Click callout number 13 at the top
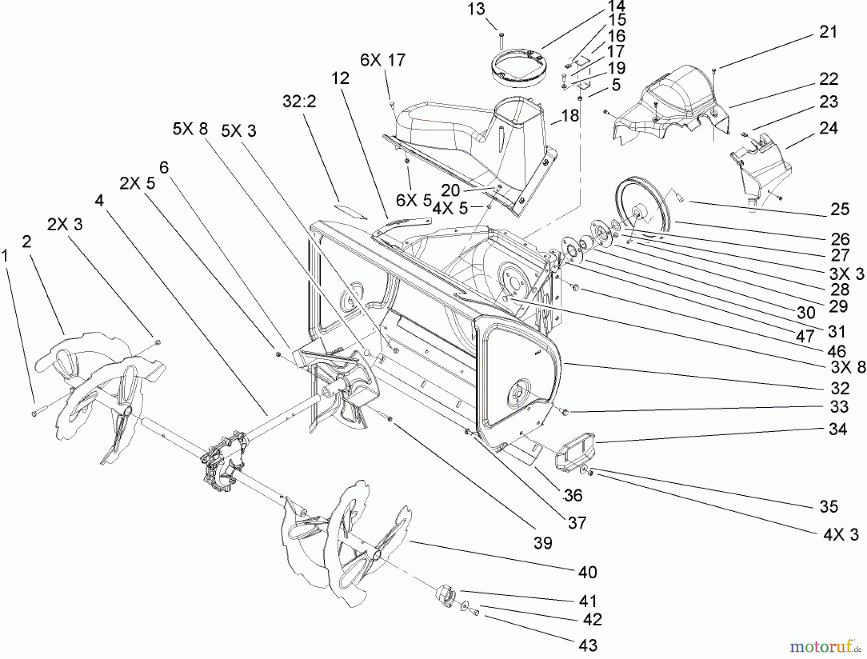pos(476,9)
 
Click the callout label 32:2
pos(300,101)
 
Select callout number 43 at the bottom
pos(588,645)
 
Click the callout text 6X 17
pos(382,60)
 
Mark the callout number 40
pos(587,572)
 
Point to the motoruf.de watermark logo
pos(831,645)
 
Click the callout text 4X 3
pos(841,535)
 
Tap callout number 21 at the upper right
pos(828,32)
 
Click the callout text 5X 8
pos(190,129)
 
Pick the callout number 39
pos(543,543)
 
